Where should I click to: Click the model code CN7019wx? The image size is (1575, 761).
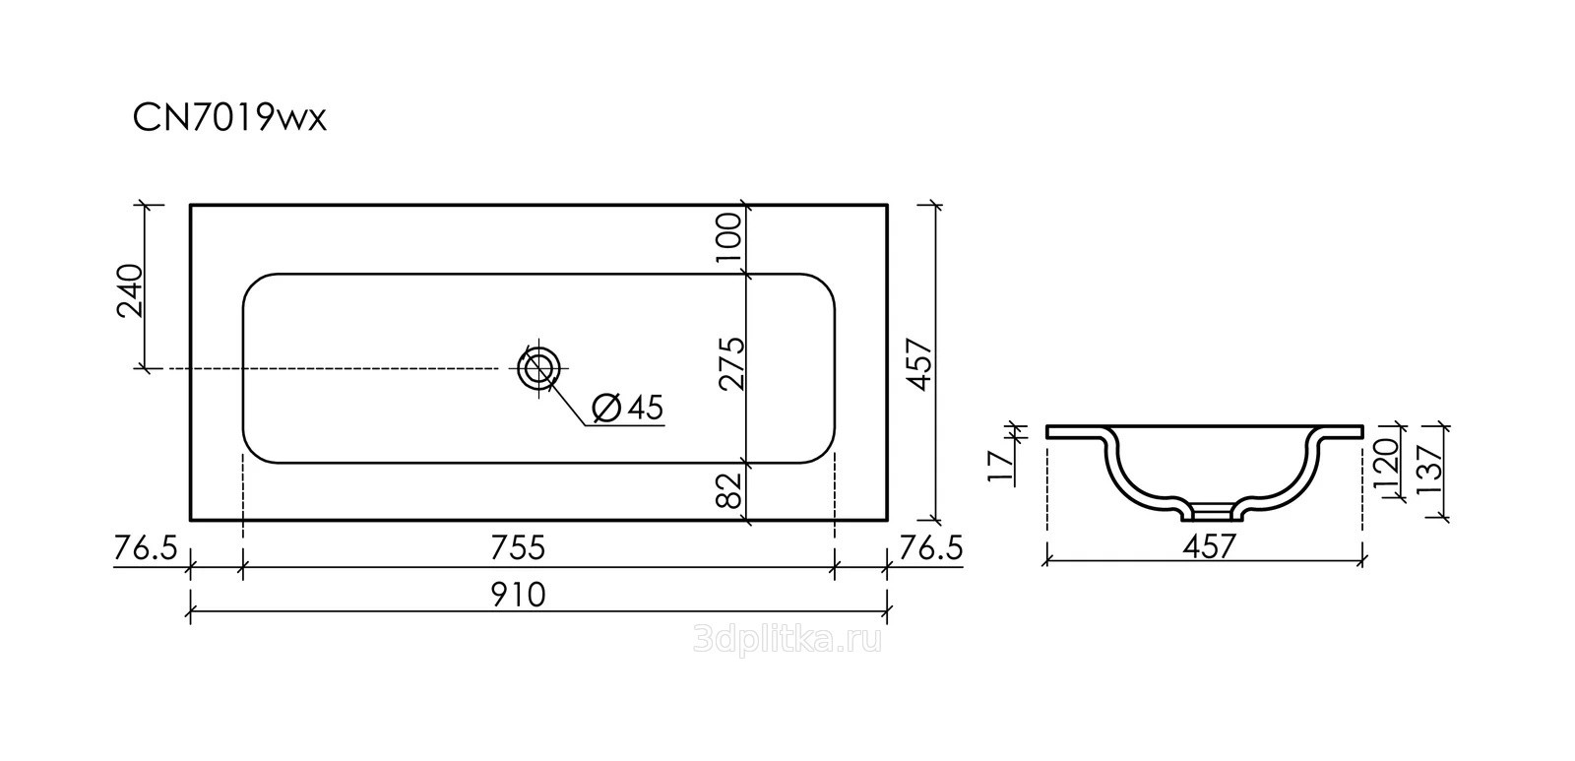click(x=230, y=118)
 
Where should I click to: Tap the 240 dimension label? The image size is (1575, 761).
click(x=130, y=291)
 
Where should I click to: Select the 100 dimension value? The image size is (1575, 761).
click(x=729, y=238)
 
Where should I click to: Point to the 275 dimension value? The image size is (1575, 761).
click(x=731, y=363)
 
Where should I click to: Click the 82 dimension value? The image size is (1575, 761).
click(x=730, y=490)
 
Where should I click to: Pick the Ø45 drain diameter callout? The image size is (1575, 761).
click(x=628, y=408)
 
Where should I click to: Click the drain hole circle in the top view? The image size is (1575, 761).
click(x=539, y=368)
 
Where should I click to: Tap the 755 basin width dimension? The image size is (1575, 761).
click(x=518, y=548)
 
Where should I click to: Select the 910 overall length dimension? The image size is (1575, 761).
click(x=518, y=595)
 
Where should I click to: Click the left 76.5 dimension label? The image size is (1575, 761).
click(x=146, y=548)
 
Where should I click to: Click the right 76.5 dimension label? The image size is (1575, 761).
click(x=930, y=548)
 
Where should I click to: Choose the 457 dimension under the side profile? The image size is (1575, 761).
click(x=1209, y=546)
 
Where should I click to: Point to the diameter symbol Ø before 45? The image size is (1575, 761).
click(x=606, y=408)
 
